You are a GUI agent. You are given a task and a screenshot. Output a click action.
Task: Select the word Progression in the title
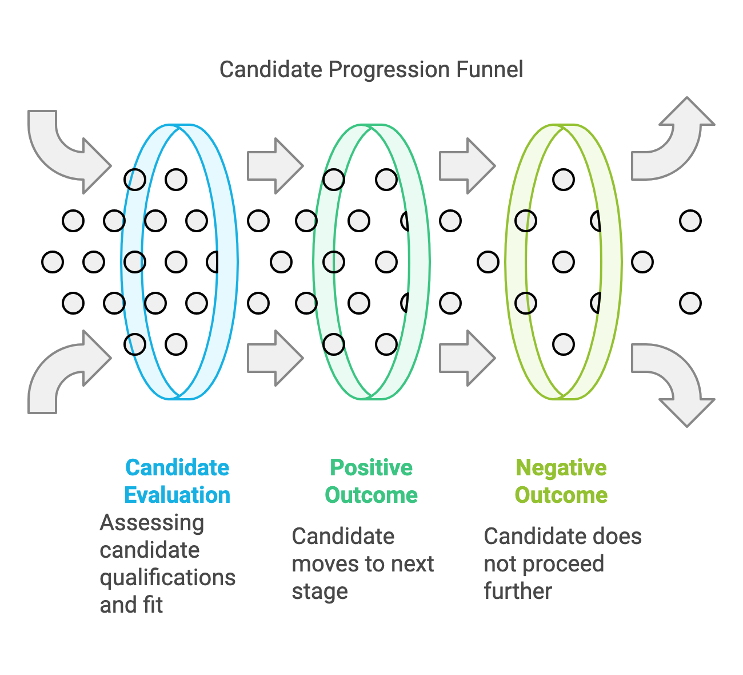pyautogui.click(x=390, y=70)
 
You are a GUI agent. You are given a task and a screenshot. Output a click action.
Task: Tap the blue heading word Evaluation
pyautogui.click(x=177, y=495)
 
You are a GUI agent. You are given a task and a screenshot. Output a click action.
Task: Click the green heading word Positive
pyautogui.click(x=371, y=467)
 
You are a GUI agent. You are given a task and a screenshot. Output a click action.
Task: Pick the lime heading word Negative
pyautogui.click(x=561, y=467)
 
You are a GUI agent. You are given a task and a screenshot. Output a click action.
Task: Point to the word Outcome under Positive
pyautogui.click(x=371, y=495)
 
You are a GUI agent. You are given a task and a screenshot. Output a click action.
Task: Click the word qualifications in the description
pyautogui.click(x=167, y=578)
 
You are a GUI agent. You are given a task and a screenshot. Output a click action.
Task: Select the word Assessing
pyautogui.click(x=151, y=523)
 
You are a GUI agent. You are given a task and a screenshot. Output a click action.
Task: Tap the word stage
pyautogui.click(x=319, y=591)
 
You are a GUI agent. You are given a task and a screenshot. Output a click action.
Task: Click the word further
pyautogui.click(x=518, y=591)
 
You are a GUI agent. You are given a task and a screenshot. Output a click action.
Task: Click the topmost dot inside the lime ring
pyautogui.click(x=564, y=180)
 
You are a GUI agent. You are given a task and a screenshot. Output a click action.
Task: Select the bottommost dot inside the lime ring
pyautogui.click(x=564, y=344)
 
